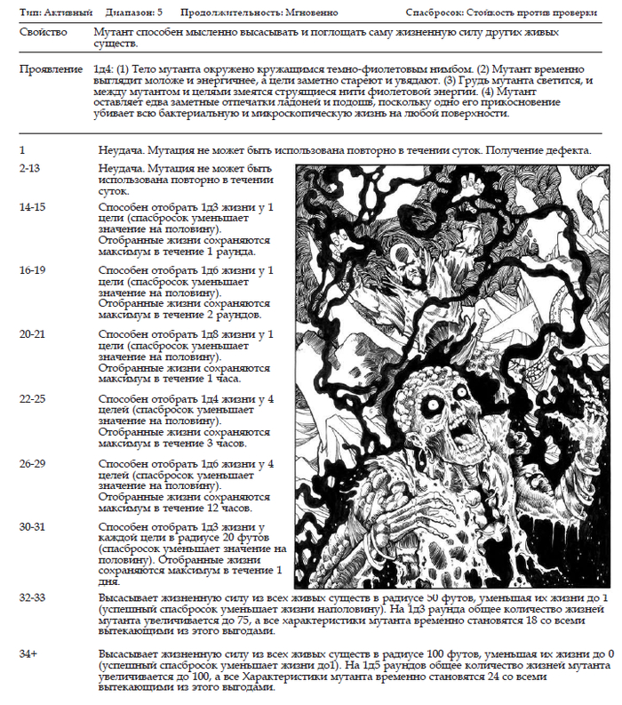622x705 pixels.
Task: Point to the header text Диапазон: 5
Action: coord(133,13)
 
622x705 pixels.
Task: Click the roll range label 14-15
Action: coord(33,207)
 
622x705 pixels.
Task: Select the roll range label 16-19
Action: coord(33,269)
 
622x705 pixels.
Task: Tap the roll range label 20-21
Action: coord(33,333)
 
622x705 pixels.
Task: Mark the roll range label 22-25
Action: coord(33,399)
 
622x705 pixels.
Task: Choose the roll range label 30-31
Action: coord(33,528)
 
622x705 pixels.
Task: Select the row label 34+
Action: coord(28,653)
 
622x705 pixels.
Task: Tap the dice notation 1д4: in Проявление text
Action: coord(103,68)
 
